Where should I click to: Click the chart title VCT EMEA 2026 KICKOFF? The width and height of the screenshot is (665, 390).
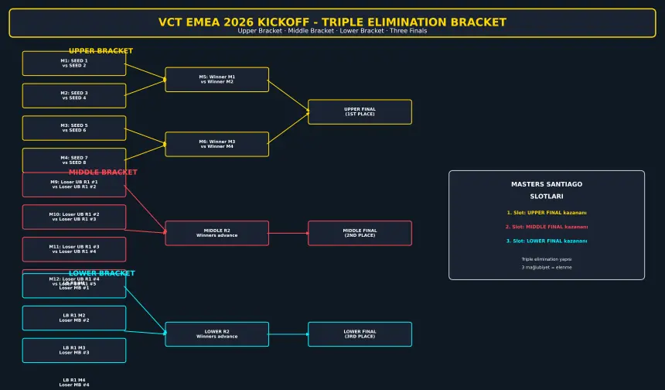point(332,22)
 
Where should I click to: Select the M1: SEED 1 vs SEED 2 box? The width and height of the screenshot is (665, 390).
point(74,63)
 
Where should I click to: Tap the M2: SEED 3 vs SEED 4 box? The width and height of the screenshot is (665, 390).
point(74,96)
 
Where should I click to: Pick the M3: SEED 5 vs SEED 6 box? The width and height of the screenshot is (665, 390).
point(74,128)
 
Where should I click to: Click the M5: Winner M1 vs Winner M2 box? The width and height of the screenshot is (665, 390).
point(217,80)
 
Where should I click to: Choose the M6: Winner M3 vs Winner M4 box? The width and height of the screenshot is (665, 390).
point(217,145)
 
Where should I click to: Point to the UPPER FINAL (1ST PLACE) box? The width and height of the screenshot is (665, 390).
point(360,112)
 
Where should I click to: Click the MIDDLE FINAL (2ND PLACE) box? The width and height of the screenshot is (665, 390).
point(360,233)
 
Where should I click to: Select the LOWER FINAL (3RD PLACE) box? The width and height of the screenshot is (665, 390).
point(360,334)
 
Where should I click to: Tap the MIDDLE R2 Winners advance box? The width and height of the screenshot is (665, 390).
point(217,233)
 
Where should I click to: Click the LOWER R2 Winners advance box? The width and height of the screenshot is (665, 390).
point(217,334)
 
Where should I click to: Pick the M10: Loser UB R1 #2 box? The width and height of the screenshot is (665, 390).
point(74,217)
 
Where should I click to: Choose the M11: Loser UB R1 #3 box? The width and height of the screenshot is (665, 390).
point(74,249)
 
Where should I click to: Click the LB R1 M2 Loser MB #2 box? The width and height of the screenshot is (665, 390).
point(74,318)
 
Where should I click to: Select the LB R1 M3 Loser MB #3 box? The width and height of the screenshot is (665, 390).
point(74,351)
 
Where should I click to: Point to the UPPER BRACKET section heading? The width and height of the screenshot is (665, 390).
point(101,51)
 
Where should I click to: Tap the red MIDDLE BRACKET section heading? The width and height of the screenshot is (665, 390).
point(103,173)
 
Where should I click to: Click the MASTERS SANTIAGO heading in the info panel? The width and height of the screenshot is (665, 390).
point(547,184)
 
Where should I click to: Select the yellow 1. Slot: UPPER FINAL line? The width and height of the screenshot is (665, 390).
point(547,213)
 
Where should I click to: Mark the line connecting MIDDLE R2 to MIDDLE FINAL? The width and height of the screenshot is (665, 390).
point(288,233)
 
